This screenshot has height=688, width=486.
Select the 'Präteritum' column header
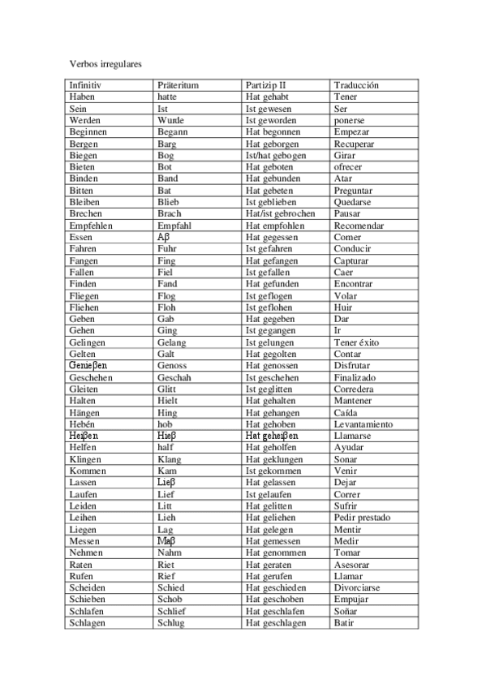pyautogui.click(x=178, y=85)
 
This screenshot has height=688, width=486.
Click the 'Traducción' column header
pyautogui.click(x=356, y=85)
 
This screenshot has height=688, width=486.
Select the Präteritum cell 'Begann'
pyautogui.click(x=173, y=132)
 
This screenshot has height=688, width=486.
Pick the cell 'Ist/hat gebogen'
pyautogui.click(x=276, y=156)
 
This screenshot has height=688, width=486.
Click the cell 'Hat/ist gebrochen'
pyautogui.click(x=280, y=214)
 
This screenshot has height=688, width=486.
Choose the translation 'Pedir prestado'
pyautogui.click(x=362, y=518)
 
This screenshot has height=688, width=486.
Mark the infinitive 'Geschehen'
pyautogui.click(x=91, y=377)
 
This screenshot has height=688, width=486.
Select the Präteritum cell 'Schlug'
pyautogui.click(x=171, y=623)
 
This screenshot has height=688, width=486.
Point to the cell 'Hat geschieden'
pyautogui.click(x=275, y=587)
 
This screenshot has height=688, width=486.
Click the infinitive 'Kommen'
pyautogui.click(x=88, y=471)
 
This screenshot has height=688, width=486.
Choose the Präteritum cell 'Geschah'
pyautogui.click(x=174, y=377)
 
